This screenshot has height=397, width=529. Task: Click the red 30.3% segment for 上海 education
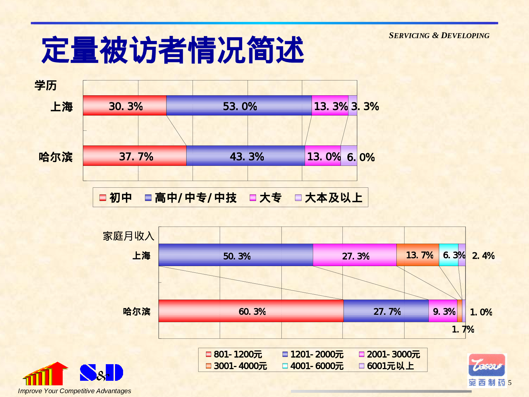click(x=124, y=106)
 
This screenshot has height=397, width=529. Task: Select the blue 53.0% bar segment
click(x=239, y=106)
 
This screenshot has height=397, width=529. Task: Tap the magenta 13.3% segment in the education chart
click(x=330, y=106)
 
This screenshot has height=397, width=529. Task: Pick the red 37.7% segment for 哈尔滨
click(x=134, y=156)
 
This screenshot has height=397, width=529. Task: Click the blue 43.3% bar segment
click(x=245, y=156)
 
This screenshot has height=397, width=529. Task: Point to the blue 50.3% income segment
click(x=236, y=255)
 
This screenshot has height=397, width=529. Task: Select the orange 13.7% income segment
click(x=418, y=255)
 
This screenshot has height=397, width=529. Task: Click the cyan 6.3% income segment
click(x=449, y=255)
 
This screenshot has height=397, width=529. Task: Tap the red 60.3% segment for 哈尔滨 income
click(x=251, y=311)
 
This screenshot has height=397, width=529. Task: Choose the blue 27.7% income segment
click(x=386, y=311)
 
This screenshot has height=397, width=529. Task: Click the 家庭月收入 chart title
click(x=128, y=236)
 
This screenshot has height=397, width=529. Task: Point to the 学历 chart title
click(x=45, y=85)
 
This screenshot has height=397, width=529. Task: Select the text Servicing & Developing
click(x=439, y=36)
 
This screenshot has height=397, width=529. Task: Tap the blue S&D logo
click(x=101, y=373)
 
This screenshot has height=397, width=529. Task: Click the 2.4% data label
click(x=483, y=255)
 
